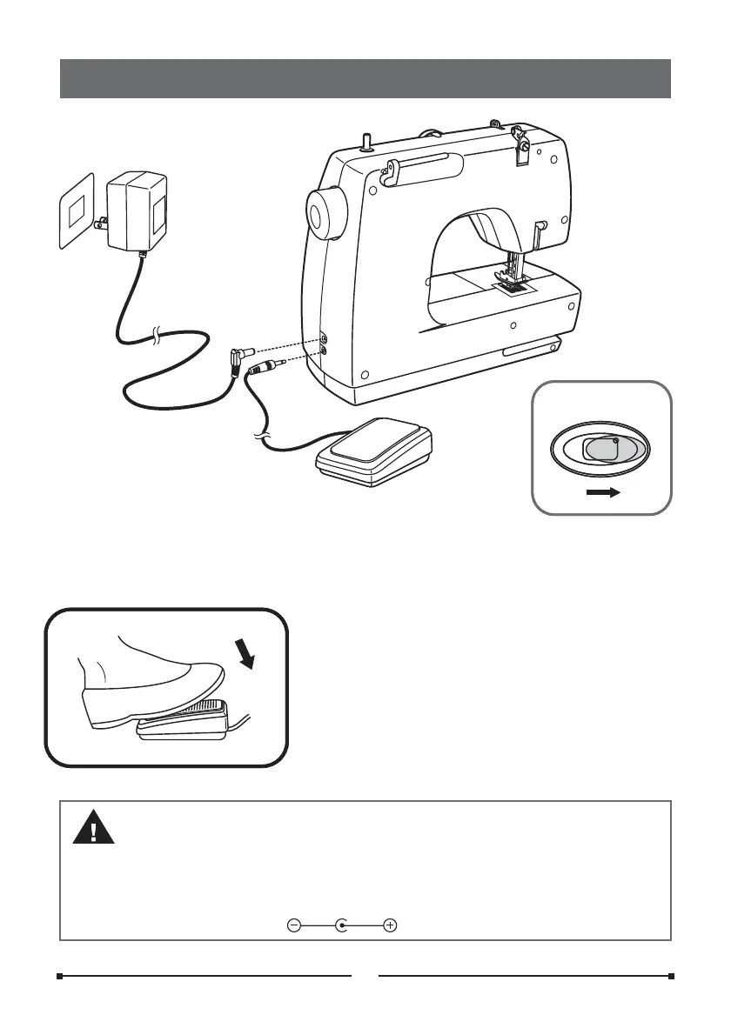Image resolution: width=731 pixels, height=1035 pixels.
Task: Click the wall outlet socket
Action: (77, 211)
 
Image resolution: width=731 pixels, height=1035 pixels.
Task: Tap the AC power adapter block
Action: (137, 212)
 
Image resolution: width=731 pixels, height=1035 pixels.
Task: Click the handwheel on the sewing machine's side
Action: (326, 211)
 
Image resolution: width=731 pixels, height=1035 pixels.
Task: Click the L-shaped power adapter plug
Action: (238, 356)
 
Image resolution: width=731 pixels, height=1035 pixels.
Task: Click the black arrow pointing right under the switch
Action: (601, 493)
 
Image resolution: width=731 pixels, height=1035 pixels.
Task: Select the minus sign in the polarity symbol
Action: (294, 925)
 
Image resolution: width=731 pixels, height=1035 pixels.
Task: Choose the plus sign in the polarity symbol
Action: (390, 925)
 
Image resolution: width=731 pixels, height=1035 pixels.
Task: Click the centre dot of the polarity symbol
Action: (342, 925)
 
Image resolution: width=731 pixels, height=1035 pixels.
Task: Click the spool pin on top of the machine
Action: (366, 140)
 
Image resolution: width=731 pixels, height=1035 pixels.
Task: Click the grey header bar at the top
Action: (365, 78)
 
